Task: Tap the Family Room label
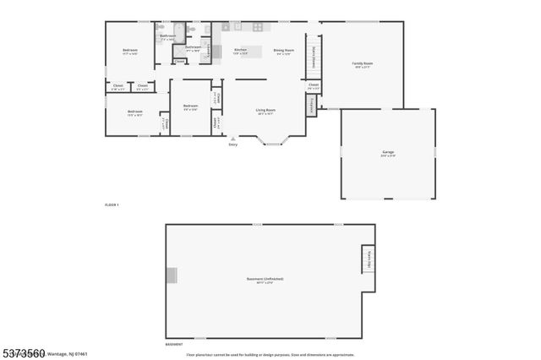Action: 363,63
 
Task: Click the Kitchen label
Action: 240,51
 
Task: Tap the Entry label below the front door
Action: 233,145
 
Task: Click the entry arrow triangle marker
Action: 233,139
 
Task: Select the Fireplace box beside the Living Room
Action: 312,106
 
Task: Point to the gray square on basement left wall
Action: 172,275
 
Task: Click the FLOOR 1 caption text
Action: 112,205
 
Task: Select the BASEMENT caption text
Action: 173,345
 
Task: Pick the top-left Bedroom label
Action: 129,51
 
